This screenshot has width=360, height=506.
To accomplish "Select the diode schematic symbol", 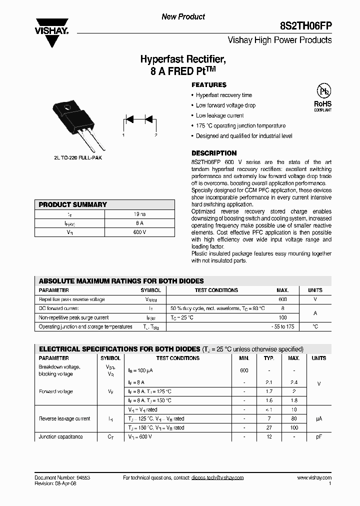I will coord(139,120).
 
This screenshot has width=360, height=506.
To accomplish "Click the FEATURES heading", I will coord(209,85).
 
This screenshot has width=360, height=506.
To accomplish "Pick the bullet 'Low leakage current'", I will coord(219,115).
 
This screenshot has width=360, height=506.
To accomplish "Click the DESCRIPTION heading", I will coord(214,153).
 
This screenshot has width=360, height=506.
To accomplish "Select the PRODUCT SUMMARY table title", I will coord(73,204).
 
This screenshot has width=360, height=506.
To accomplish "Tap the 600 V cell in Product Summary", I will coord(140,232).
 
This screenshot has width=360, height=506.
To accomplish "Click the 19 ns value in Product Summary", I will coord(140,214).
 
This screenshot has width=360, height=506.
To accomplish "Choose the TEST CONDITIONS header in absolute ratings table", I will coord(216,290).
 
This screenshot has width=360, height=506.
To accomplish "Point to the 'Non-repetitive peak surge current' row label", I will coord(73,317).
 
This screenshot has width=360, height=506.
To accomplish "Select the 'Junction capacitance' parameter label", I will coord(60,436).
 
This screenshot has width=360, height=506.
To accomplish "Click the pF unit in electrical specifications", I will coord(318,436).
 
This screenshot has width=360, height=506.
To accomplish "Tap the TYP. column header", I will coord(269,358).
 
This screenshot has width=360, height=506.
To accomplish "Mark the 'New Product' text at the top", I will coord(183,16).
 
